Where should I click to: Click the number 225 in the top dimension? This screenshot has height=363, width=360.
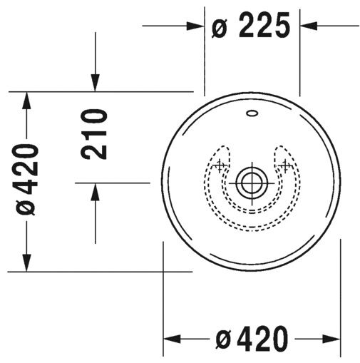pos(264,26)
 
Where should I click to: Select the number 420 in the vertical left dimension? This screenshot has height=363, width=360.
pos(27,169)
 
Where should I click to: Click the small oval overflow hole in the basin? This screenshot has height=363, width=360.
pos(252,113)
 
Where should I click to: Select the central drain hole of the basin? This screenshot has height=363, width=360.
pos(252,181)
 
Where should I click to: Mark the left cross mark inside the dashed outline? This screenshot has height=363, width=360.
pos(220,166)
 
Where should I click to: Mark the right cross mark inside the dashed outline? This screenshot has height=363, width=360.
pos(285,166)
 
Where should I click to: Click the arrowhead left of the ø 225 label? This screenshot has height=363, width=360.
pos(198,26)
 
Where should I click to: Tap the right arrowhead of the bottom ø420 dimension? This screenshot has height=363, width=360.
pos(334,338)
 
